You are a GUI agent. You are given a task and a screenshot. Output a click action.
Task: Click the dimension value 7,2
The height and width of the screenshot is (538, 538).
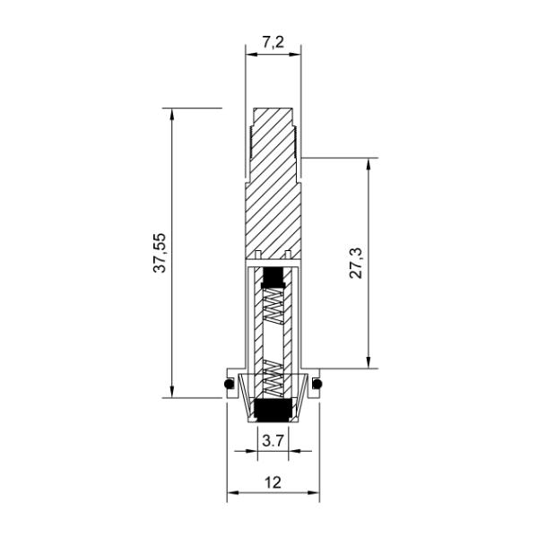[273, 41]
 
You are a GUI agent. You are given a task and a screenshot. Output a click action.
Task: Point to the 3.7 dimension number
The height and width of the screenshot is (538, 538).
[273, 440]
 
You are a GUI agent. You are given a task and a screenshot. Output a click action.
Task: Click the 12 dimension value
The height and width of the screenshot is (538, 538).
[273, 482]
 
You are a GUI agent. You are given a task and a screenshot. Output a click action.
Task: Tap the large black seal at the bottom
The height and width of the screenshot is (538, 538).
[273, 411]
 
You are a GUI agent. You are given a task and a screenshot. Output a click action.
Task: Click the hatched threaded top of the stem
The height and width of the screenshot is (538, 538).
[273, 134]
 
